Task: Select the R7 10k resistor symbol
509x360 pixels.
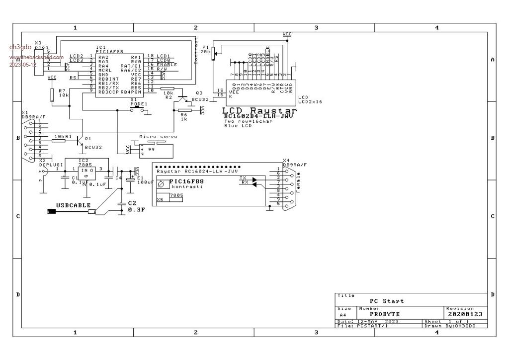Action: coord(52,94)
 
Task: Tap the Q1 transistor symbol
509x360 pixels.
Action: coord(80,141)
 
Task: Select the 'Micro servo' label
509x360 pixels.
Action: coord(158,136)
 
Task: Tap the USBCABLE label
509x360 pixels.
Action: coord(73,205)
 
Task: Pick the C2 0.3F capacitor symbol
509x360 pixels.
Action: coord(121,204)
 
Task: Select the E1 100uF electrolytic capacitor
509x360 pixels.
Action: coord(131,180)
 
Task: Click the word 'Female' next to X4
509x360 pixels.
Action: coord(299,182)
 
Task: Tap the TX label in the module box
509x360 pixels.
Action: coord(243,177)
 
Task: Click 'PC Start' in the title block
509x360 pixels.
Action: coord(387,301)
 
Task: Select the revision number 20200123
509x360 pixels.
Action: coord(464,314)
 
